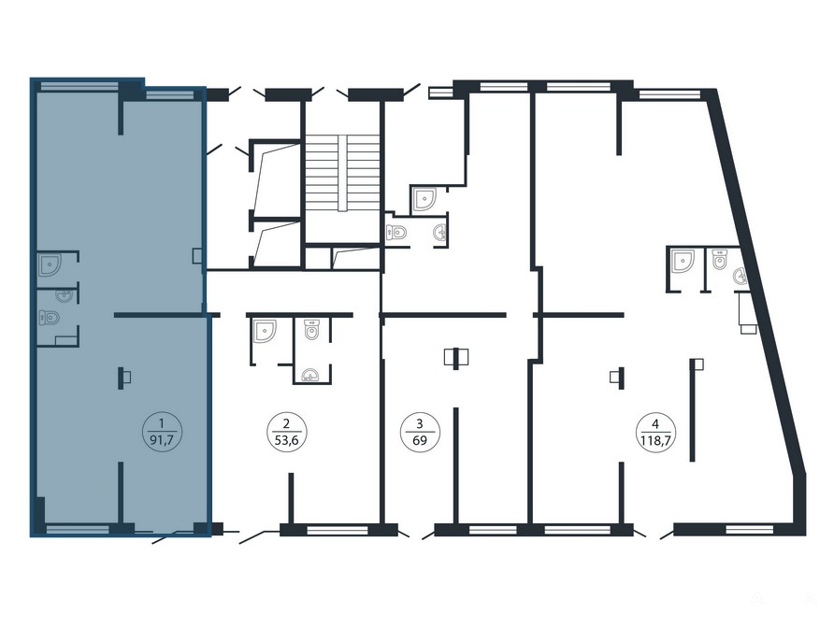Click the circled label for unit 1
pos(163,433)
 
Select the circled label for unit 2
pos(286,433)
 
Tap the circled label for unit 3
pos(420,433)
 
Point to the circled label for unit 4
pos(655,433)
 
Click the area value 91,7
pos(163,441)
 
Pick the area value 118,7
pos(655,441)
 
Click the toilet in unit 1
pos(49,318)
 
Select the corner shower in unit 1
pos(50,264)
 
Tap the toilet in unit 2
pos(311,330)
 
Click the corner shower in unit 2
pos(265,331)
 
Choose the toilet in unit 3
pos(395,232)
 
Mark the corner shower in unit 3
pos(424,199)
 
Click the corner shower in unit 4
pos(683,261)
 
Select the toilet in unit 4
pos(720,259)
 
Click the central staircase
pos(343,173)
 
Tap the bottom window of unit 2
pos(338,530)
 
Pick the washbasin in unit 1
pos(64,295)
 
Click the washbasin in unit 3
pos(440,233)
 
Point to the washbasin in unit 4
pos(740,276)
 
